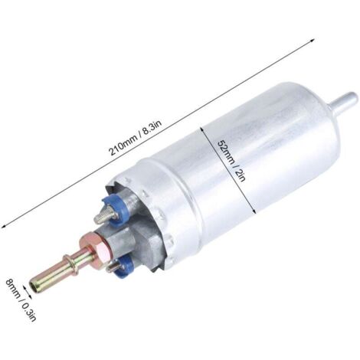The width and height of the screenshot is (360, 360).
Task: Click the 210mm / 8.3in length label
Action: (136, 138)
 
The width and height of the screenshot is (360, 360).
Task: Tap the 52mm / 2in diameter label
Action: (231, 161)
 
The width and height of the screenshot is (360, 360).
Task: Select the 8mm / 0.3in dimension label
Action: (21, 299)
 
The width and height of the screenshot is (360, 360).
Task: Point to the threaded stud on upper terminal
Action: (103, 215)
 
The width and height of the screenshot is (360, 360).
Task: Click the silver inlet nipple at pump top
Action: (343, 100)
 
